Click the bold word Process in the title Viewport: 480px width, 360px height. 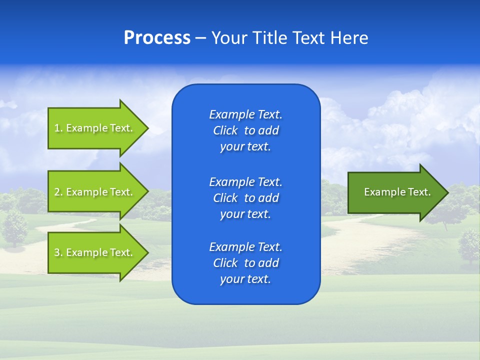click(x=157, y=38)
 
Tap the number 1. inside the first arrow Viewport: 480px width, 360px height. click(x=58, y=128)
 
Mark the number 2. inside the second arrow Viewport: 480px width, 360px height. click(x=58, y=192)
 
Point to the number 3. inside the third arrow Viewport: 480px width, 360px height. click(x=58, y=252)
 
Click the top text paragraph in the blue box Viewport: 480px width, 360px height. click(x=245, y=130)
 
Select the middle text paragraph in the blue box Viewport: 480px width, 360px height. click(x=245, y=198)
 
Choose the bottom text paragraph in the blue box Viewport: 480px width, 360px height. click(x=245, y=263)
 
